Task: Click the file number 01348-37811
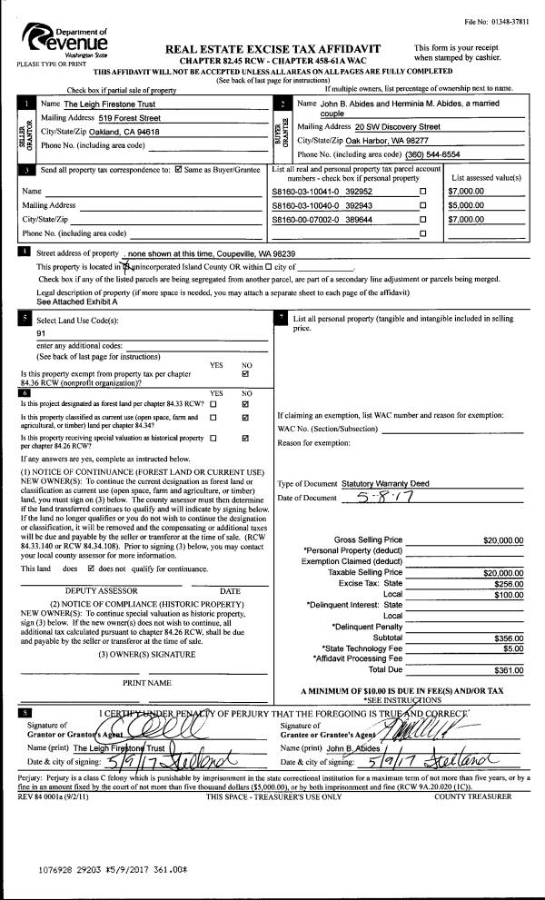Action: tap(501, 20)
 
